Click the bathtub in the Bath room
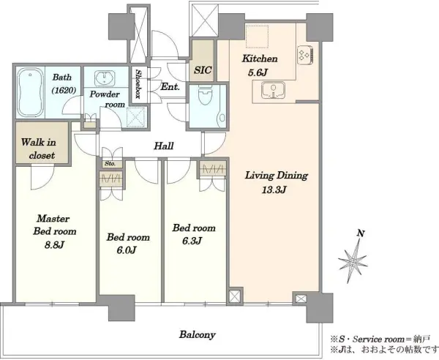coord(30,93)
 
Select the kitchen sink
coord(273,90)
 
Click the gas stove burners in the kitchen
coord(305,54)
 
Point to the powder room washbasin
coord(104,78)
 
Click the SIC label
coord(203,70)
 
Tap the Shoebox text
coord(138,84)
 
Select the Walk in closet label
coord(39,149)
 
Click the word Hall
coord(164,146)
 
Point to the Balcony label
coord(198,334)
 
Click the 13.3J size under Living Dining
coord(274,190)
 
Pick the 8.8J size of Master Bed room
coord(55,244)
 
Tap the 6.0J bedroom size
coord(127,250)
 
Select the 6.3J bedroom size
coord(192,241)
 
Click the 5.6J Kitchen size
coord(258,72)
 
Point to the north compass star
coord(353,262)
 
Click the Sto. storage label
coord(110,164)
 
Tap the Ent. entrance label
coord(170,87)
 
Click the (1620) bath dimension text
coord(64,90)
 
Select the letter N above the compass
coord(361,233)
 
